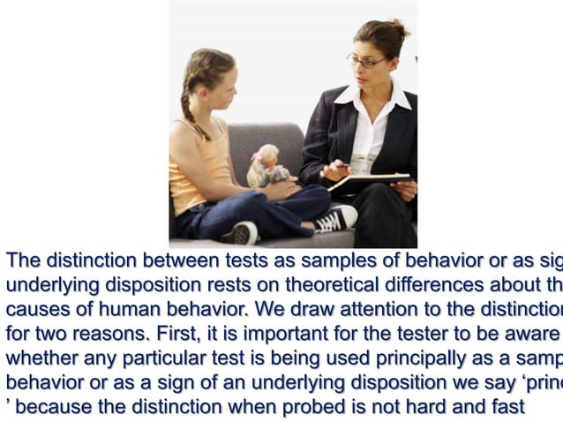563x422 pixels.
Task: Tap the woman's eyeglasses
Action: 364,62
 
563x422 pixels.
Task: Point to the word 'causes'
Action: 34,310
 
